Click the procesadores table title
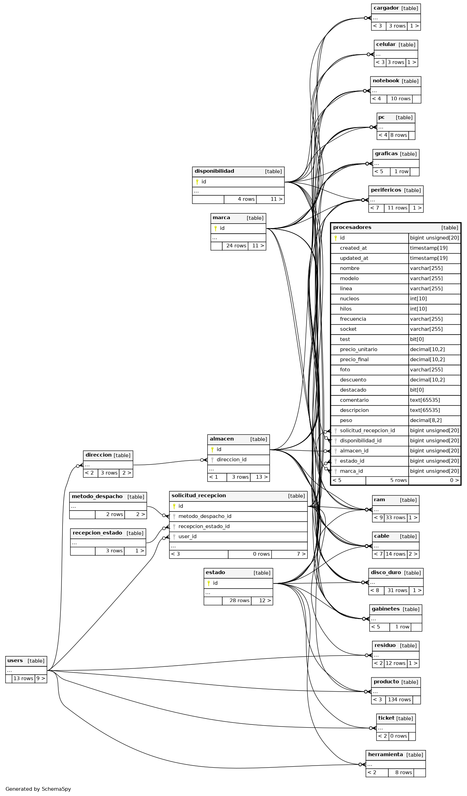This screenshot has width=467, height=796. [x=352, y=227]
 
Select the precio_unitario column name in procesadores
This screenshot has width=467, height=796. [x=358, y=349]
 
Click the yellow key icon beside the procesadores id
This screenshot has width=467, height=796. [x=335, y=238]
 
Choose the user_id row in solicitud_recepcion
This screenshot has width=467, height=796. [x=187, y=536]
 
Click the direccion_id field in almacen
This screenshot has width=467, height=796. [x=231, y=460]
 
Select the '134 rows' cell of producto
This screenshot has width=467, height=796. [x=399, y=700]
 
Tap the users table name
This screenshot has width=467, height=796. [x=15, y=661]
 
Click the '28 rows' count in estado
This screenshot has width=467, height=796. [x=239, y=600]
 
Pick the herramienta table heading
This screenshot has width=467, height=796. [x=385, y=755]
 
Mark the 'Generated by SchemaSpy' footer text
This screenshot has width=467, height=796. [x=38, y=789]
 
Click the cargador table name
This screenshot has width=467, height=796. [x=386, y=8]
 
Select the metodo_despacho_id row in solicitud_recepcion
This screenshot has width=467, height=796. [x=205, y=516]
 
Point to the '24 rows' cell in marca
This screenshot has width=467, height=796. [x=236, y=246]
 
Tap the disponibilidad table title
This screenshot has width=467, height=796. [x=214, y=171]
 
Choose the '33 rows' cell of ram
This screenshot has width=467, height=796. [x=395, y=517]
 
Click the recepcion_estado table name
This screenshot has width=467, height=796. [x=97, y=533]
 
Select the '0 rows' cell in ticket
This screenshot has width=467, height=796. [x=398, y=736]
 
